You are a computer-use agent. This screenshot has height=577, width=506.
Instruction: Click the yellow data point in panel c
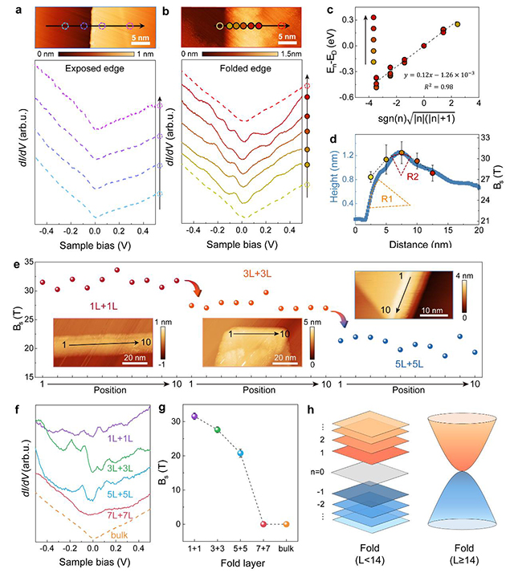pos(458,25)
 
